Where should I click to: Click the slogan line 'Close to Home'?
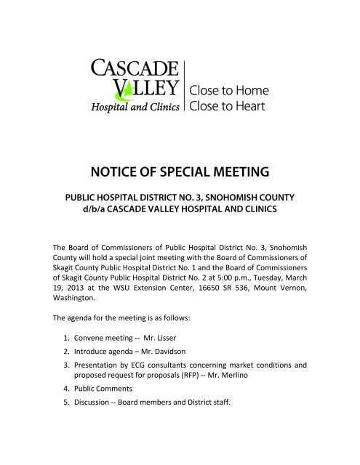(x=228, y=92)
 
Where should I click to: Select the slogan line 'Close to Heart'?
(x=228, y=108)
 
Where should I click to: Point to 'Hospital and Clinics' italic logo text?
(x=135, y=108)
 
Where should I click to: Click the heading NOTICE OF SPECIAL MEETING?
(x=180, y=171)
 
